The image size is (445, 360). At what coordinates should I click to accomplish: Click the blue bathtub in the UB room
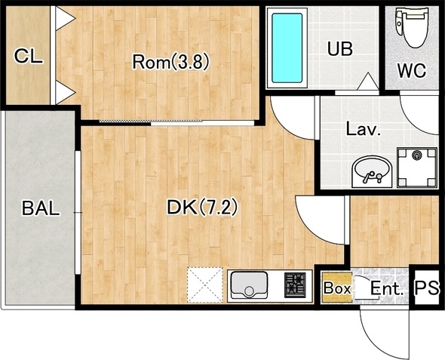(x=287, y=48)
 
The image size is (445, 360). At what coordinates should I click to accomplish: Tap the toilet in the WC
(x=412, y=27)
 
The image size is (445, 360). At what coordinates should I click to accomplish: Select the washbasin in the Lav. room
(x=372, y=171)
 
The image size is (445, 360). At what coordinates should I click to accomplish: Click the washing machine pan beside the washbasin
(x=416, y=168)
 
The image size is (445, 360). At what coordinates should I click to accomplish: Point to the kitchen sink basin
(x=249, y=285)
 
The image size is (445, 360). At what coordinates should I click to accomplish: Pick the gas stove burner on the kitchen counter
(x=295, y=285)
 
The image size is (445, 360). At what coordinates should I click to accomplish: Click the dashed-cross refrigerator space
(x=205, y=285)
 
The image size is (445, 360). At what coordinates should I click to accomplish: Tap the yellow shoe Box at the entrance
(x=336, y=287)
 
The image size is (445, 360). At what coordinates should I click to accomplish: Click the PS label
(x=427, y=288)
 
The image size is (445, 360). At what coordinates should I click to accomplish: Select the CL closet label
(x=29, y=56)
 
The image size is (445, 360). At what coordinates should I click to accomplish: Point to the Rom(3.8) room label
(x=171, y=62)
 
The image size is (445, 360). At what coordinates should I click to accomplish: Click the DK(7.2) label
(x=202, y=208)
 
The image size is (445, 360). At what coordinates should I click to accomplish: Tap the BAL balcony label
(x=41, y=208)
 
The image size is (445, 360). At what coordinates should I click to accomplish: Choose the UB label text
(x=340, y=48)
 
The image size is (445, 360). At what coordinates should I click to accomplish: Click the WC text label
(x=412, y=70)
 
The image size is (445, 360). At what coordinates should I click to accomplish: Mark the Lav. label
(x=364, y=129)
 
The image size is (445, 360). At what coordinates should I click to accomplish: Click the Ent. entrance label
(x=387, y=289)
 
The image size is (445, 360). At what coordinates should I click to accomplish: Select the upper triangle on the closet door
(x=66, y=18)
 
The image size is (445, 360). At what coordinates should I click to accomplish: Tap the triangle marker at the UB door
(x=368, y=82)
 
